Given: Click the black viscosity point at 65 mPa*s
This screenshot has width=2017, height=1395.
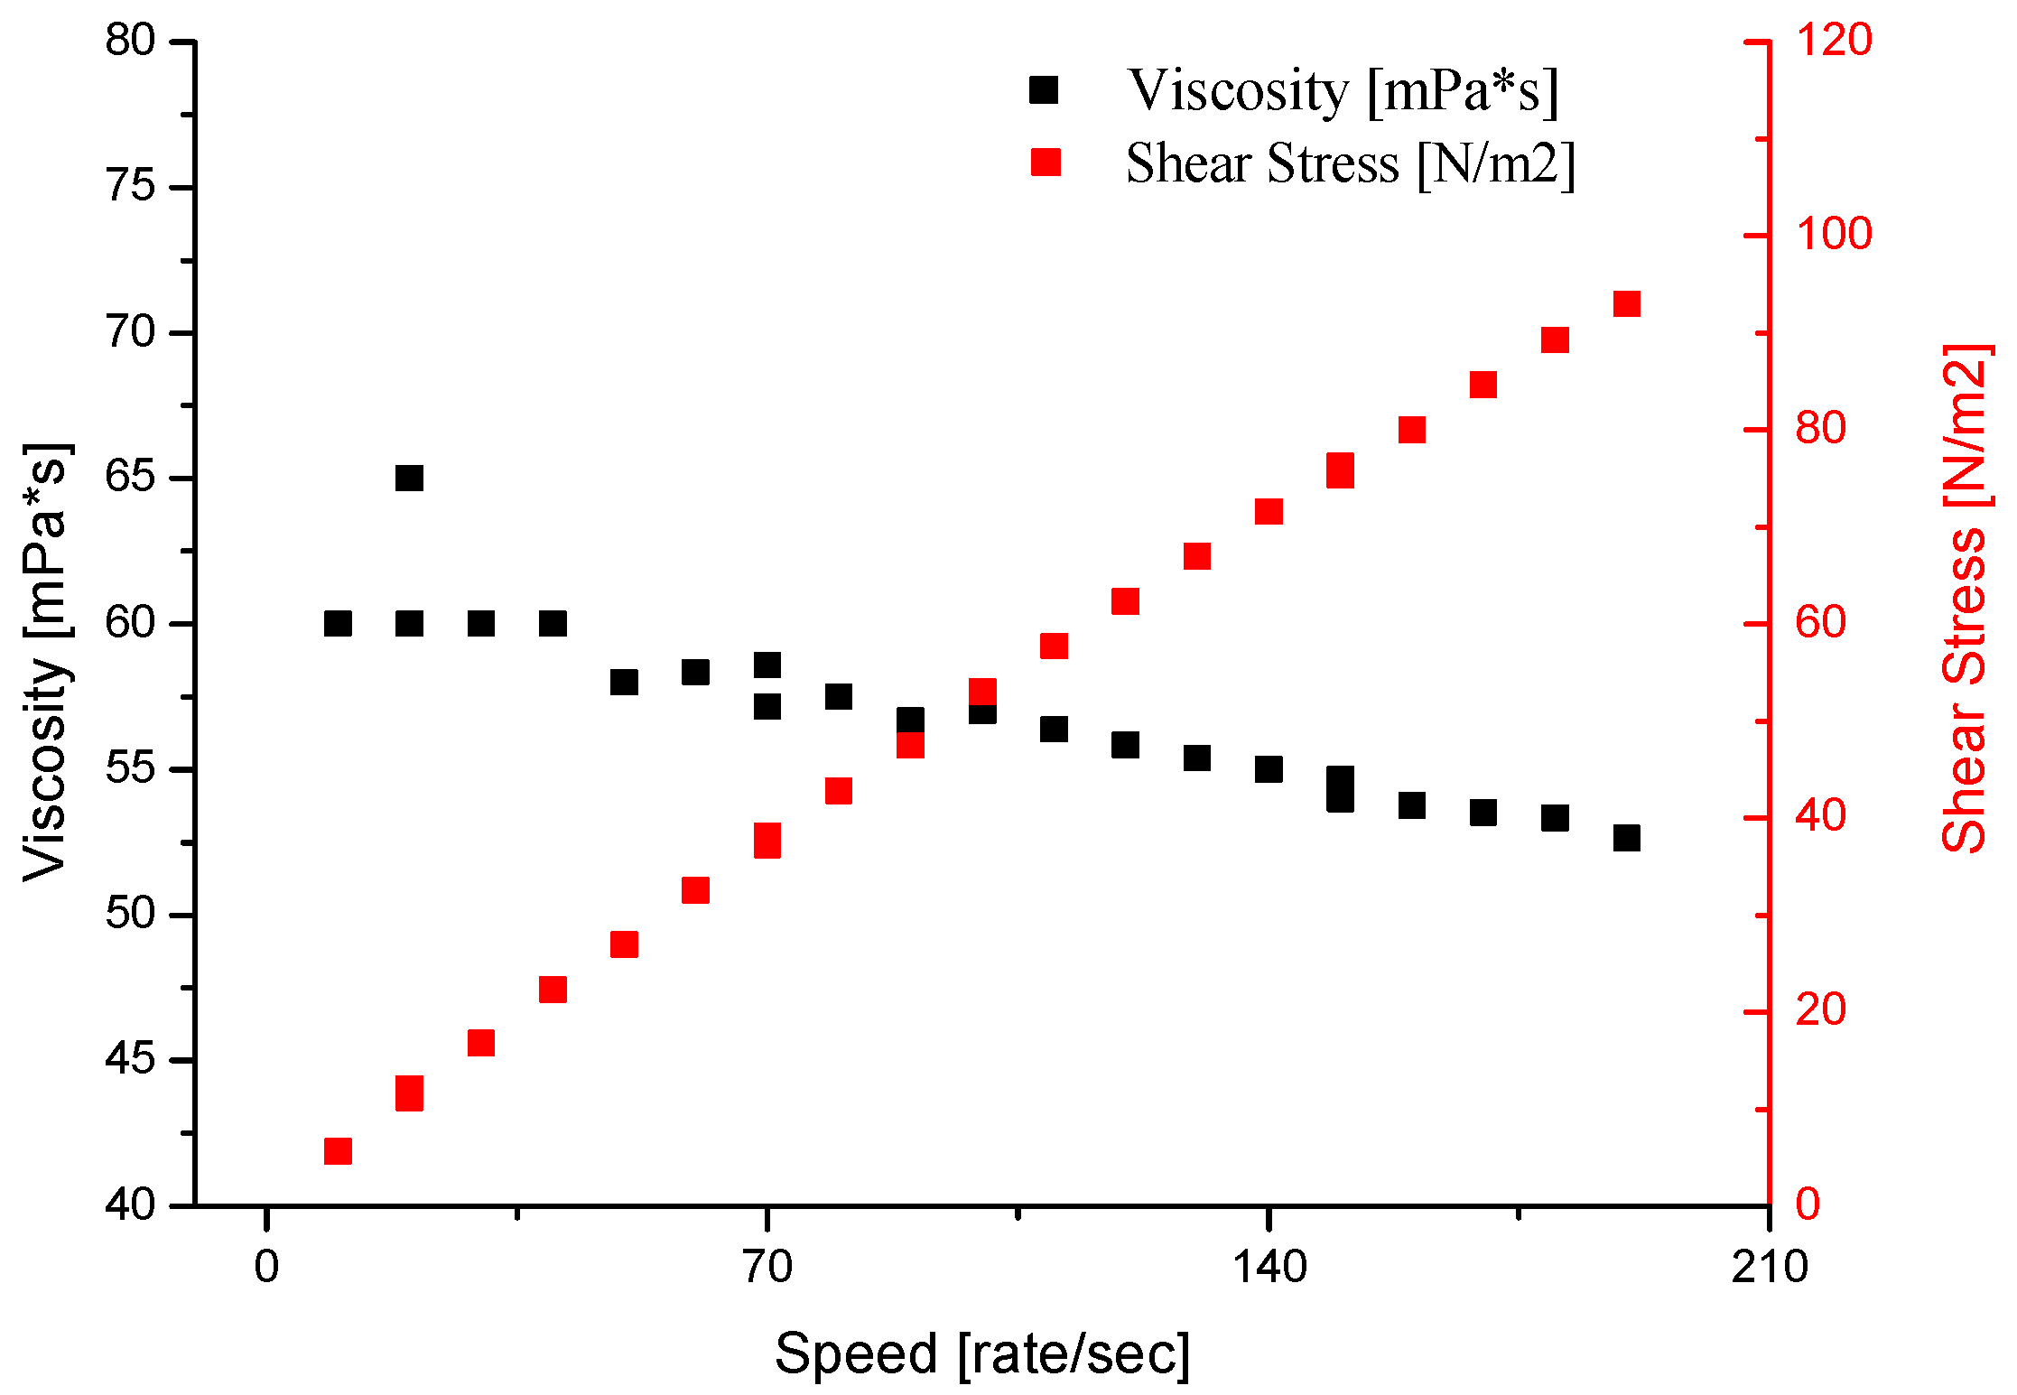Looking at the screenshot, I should coord(409,478).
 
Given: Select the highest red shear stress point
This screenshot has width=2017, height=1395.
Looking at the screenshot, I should coord(1626,303).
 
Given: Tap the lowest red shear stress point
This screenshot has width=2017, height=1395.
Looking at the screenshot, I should coord(338,1151).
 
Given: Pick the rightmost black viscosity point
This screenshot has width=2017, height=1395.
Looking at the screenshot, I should coord(1626,838).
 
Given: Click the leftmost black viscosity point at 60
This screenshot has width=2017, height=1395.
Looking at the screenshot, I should coord(338,623).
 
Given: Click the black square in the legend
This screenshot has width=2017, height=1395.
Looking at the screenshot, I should coord(1044,90).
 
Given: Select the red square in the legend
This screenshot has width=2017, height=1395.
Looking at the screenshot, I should coord(1046,163).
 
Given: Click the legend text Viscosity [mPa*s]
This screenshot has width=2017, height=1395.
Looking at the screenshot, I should coord(1343,91).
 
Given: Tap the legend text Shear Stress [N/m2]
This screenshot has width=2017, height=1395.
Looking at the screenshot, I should coord(1350,163).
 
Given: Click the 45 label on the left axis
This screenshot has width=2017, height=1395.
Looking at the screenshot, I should coord(131,1059).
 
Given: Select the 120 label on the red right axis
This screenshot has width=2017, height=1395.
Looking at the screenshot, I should coord(1833,41).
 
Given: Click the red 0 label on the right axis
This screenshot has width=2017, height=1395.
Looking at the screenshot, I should coord(1808,1205).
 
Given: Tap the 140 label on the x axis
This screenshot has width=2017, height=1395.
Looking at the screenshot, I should coord(1269,1267).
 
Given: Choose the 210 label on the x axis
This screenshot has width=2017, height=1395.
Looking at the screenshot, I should coord(1769,1267).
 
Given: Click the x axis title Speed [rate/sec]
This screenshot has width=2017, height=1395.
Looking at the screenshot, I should coord(982,1353).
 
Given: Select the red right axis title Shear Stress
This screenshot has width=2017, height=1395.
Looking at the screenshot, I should coord(1966,598).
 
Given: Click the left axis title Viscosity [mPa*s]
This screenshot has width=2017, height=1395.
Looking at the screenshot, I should coord(45,662).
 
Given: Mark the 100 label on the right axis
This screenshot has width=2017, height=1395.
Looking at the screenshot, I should coord(1833,235).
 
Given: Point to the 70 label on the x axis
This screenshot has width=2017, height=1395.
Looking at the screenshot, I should coord(767,1267).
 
